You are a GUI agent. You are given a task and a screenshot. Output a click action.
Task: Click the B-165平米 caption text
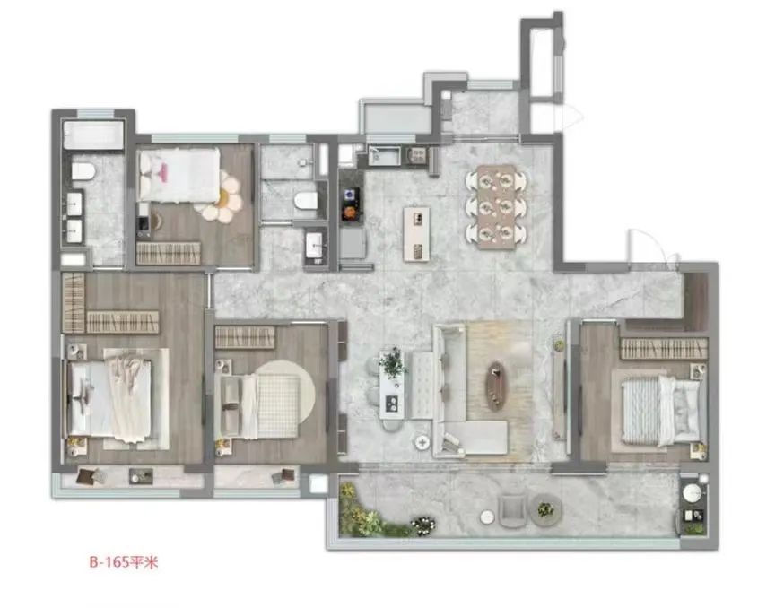coord(124,562)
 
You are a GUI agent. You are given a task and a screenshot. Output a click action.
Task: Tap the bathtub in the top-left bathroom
coord(93,135)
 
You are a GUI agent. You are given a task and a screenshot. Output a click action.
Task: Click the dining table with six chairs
coord(496,206)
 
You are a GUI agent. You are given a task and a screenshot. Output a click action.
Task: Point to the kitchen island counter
coord(416,234)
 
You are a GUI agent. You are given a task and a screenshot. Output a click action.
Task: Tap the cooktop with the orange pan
coord(350,204)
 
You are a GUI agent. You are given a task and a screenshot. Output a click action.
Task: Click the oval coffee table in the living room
coord(496,386)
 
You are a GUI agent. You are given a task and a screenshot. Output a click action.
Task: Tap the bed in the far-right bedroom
coord(659,410)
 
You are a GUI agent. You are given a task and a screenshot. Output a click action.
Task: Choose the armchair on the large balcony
coord(512,509)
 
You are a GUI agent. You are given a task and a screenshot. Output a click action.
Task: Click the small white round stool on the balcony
coord(486,517)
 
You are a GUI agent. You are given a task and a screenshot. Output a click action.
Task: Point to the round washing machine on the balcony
coord(692,492)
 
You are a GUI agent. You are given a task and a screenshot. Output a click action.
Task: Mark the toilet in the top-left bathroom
coord(83,171)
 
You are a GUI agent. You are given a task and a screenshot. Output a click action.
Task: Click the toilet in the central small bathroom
coord(305,201)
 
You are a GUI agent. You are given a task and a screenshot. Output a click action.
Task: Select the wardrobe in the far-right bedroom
coord(664,349)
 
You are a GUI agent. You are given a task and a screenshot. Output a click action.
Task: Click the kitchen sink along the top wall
coord(384,155)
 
